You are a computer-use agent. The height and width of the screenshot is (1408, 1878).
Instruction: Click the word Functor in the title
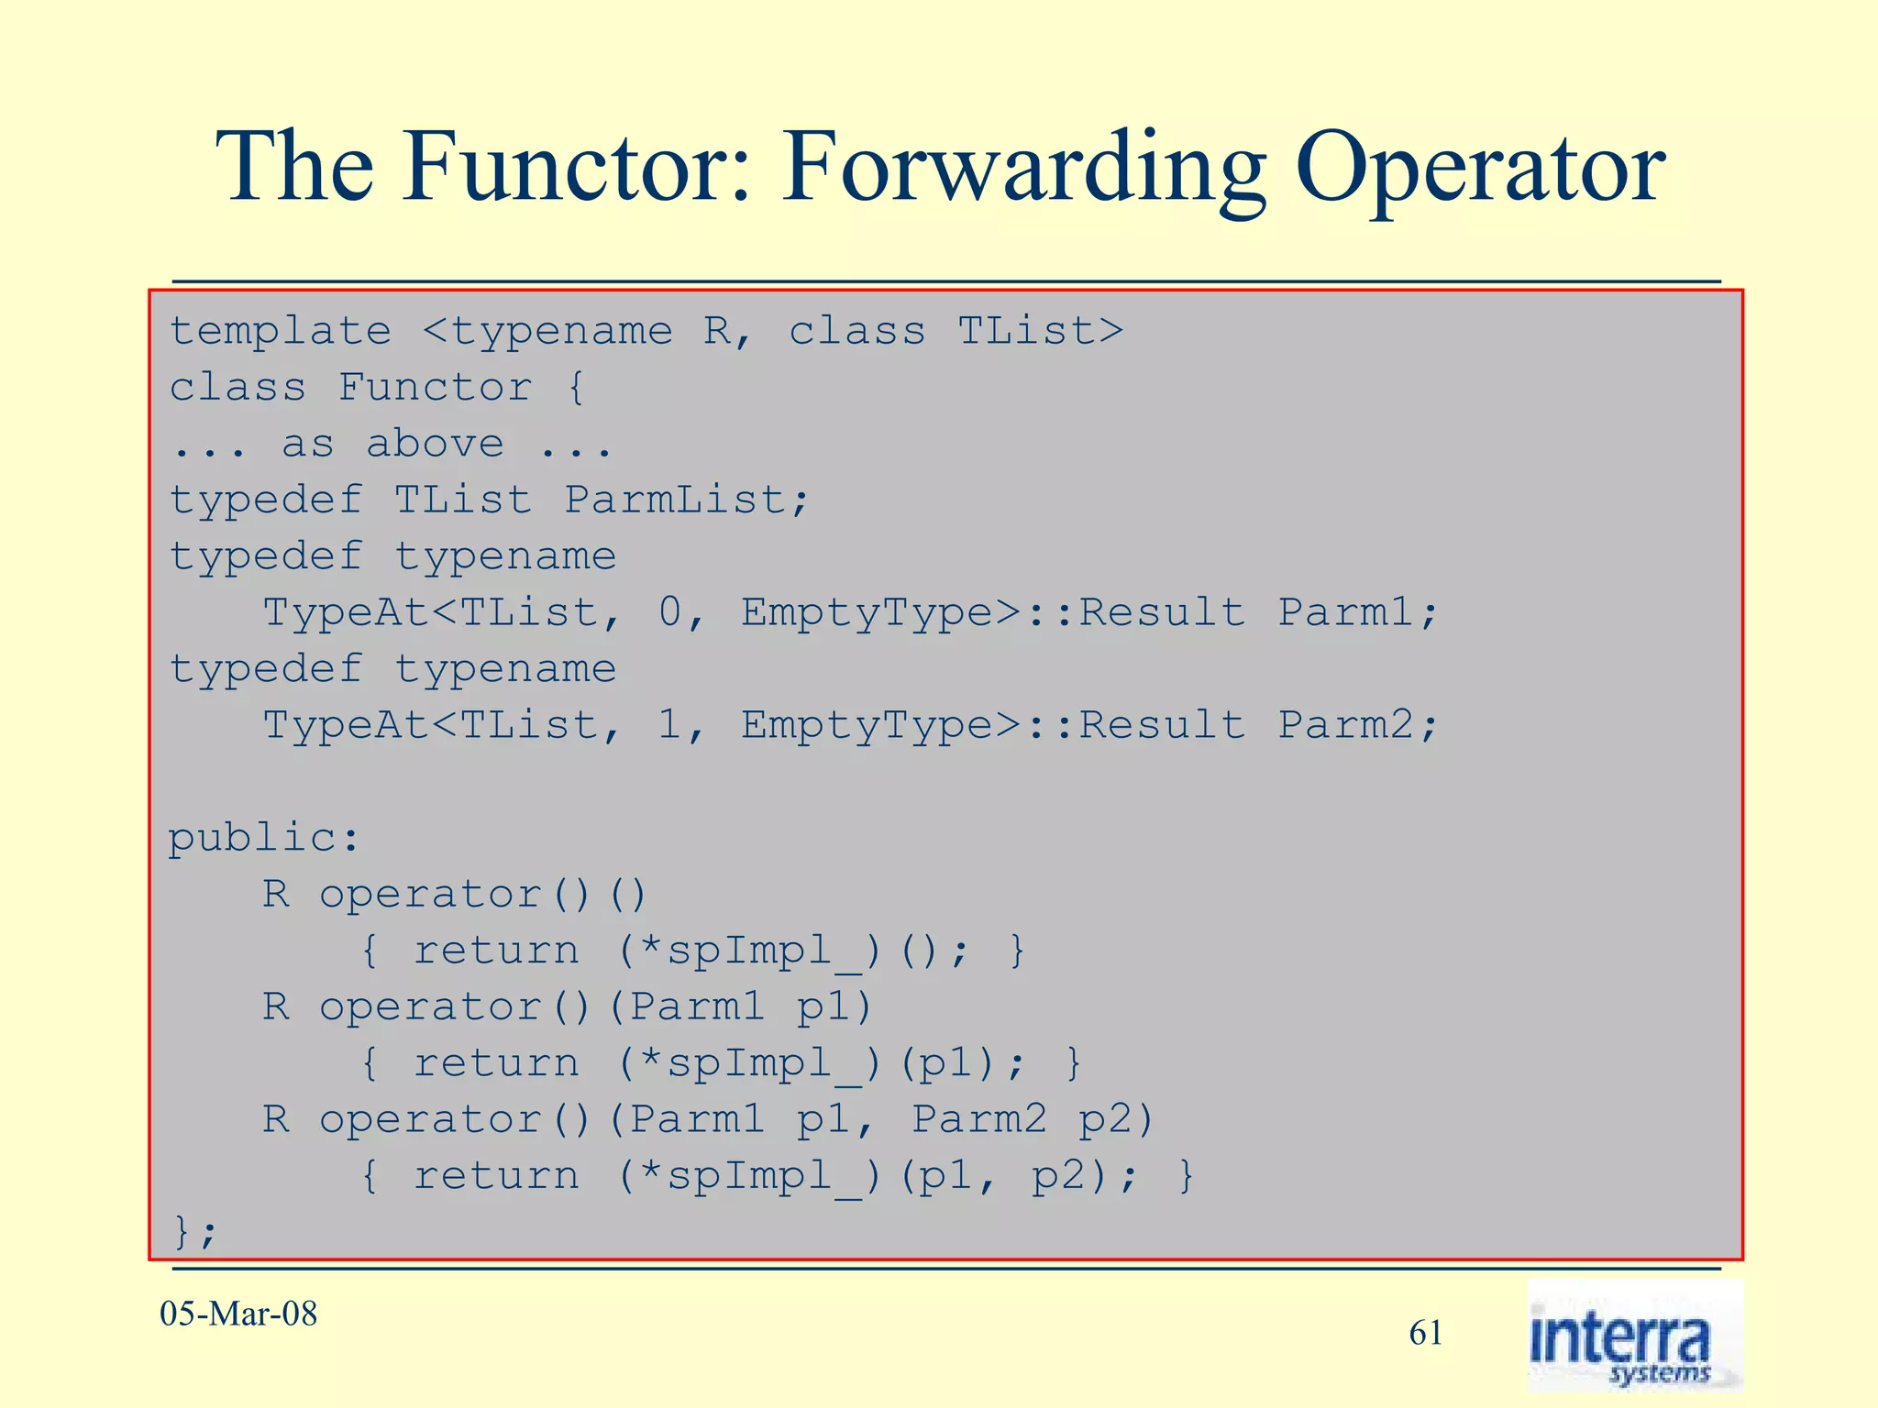pos(576,167)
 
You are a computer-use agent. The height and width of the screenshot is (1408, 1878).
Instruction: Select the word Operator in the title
pos(1480,167)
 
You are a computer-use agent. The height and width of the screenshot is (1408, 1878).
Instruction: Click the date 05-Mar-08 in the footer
pos(238,1314)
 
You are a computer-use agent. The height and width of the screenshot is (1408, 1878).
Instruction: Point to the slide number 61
pos(1426,1333)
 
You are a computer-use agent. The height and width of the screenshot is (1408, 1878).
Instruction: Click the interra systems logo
pos(1634,1336)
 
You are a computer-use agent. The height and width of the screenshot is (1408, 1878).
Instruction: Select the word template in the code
pos(281,331)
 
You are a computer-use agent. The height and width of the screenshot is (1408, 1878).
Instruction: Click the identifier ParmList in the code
pos(675,500)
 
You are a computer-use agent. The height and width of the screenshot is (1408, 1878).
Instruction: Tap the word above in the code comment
pos(435,444)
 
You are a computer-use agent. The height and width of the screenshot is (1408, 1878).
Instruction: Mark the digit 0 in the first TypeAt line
pos(669,612)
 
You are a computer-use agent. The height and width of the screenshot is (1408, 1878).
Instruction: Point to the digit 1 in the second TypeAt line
pos(669,725)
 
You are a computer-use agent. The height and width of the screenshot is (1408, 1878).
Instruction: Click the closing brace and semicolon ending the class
pos(194,1230)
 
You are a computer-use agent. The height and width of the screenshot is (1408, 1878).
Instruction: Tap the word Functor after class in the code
pos(435,387)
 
